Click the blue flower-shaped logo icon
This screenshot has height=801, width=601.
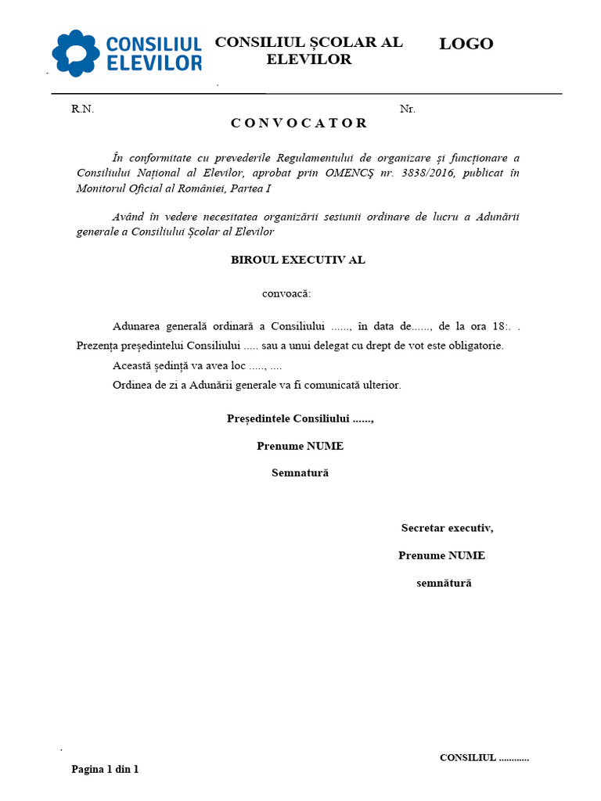click(76, 53)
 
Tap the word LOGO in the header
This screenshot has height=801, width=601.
click(466, 44)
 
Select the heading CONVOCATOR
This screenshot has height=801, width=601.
click(299, 123)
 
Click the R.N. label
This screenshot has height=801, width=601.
click(82, 110)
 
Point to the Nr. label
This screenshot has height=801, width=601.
click(407, 110)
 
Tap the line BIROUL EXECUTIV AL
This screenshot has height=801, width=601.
click(298, 260)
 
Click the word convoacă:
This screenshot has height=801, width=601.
click(286, 294)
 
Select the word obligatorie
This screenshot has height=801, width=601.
click(475, 345)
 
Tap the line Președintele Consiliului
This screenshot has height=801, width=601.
click(300, 419)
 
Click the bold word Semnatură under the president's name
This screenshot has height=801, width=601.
click(300, 473)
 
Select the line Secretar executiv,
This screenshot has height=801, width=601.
click(448, 528)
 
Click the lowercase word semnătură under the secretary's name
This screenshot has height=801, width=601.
click(444, 583)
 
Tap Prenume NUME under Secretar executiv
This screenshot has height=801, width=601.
click(441, 555)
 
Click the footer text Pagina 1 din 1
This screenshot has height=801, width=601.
click(105, 770)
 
